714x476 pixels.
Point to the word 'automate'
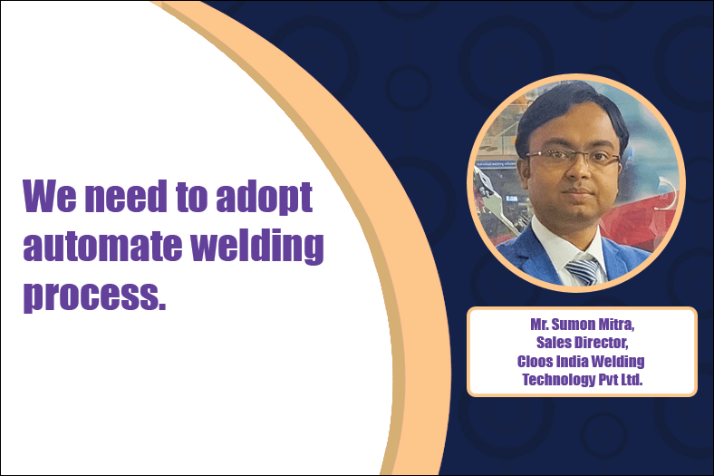click(x=101, y=245)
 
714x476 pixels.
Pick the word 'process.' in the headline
click(x=94, y=296)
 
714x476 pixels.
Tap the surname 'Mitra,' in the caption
click(x=615, y=325)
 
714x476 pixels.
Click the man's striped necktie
click(x=584, y=269)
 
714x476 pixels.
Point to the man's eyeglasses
click(x=574, y=158)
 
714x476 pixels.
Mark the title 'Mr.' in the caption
click(x=539, y=325)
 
